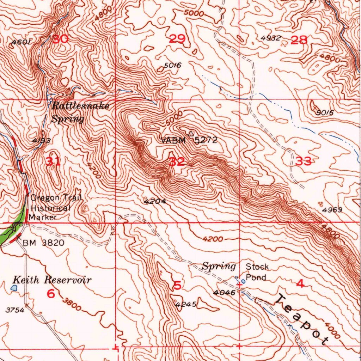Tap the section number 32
(177, 162)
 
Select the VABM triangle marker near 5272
(191, 134)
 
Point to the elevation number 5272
(206, 140)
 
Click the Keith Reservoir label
(52, 280)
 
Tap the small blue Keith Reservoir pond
(14, 288)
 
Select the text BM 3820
(43, 243)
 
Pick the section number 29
(177, 39)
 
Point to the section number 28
(299, 40)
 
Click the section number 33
(304, 161)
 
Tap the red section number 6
(51, 293)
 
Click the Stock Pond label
(257, 272)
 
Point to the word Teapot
(301, 319)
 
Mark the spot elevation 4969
(332, 210)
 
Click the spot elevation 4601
(22, 43)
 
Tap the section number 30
(60, 39)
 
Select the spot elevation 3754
(15, 310)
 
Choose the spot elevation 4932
(271, 38)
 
